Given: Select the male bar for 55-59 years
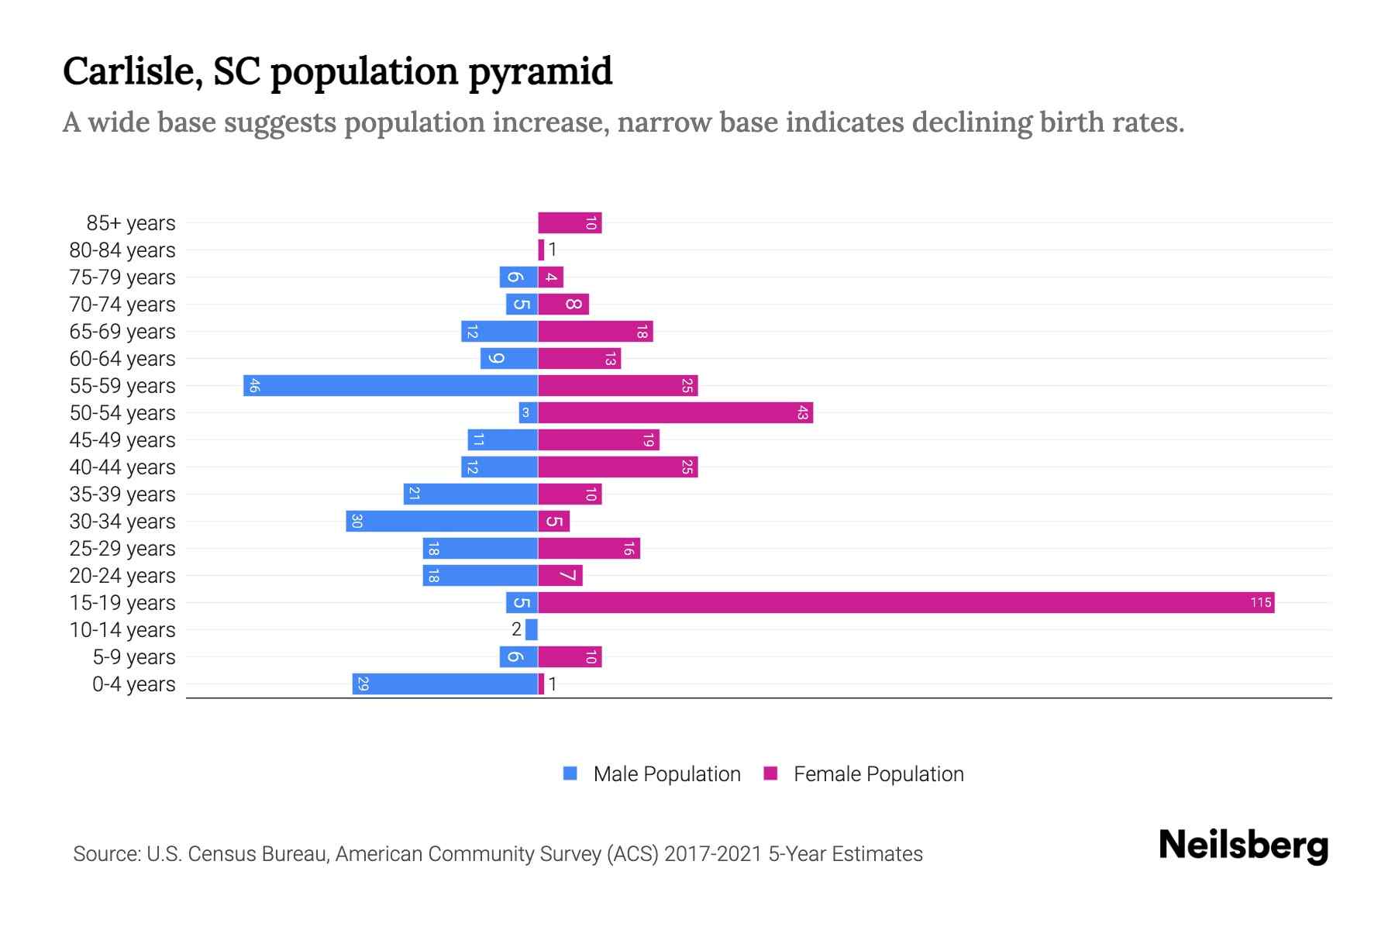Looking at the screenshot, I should pos(391,385).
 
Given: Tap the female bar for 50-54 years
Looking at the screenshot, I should pos(675,412).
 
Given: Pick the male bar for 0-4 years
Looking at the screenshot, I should pos(445,684).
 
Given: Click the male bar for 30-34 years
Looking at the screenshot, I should pos(442,521).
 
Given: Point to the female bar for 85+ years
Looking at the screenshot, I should pos(570,222).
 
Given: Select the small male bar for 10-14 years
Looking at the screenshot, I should pos(532,629).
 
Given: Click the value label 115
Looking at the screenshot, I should pos(1261,602).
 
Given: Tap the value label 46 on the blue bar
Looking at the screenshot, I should pos(254,385).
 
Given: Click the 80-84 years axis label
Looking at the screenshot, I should pos(122,250).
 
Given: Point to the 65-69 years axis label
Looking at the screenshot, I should pos(122,331).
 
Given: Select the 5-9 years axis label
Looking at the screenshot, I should pos(134,656).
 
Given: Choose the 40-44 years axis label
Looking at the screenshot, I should pos(122,467).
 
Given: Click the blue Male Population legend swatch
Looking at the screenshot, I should pos(570,773).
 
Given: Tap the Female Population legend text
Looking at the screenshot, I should pos(878,773).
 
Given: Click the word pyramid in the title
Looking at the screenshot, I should pos(540,72).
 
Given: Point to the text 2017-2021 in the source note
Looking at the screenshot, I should pos(713,854).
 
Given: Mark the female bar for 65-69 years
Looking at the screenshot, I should pos(595,331).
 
